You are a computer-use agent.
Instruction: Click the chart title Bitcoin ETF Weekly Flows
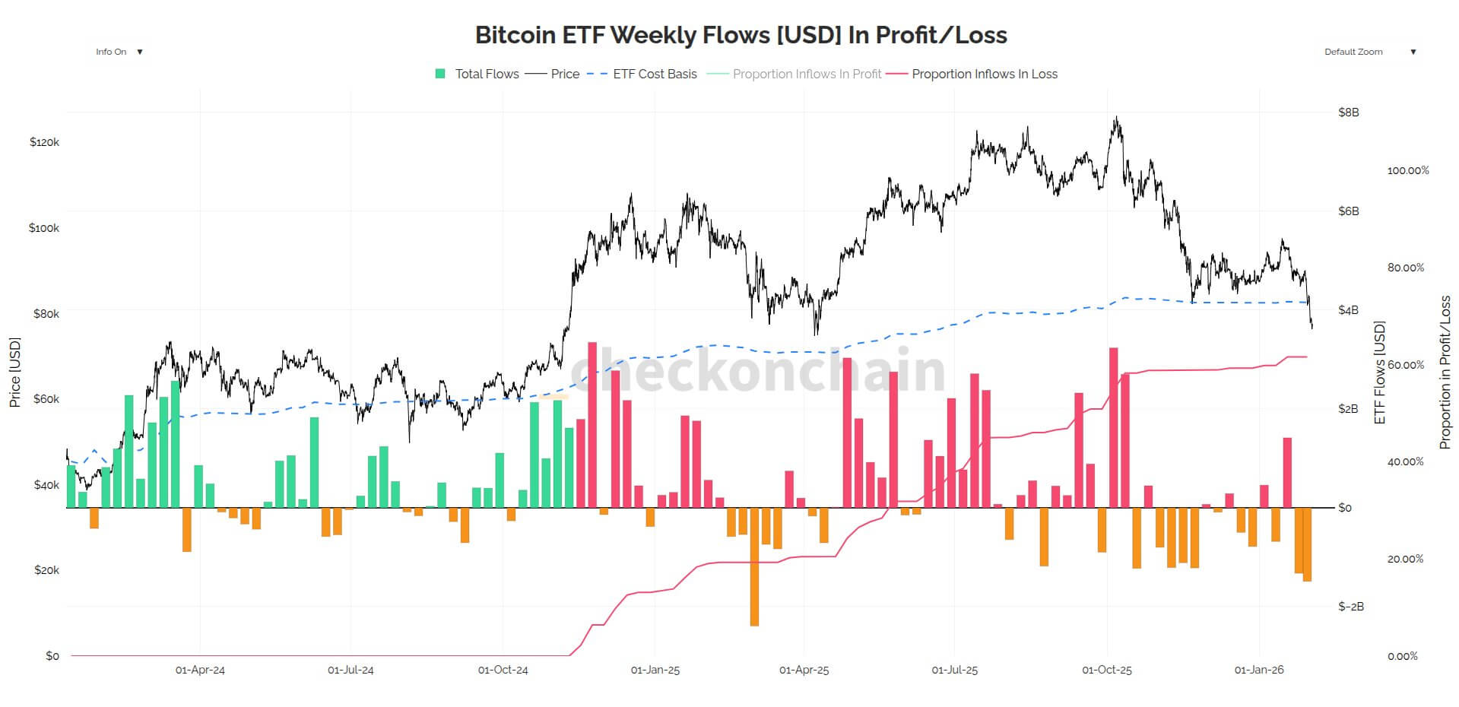point(741,35)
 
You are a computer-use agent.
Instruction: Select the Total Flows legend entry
point(477,74)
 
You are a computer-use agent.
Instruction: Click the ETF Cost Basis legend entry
point(642,74)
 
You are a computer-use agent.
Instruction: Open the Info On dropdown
point(119,52)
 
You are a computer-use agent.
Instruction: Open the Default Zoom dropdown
point(1369,52)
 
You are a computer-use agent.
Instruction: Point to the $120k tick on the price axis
point(44,142)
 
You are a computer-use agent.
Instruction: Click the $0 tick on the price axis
point(52,655)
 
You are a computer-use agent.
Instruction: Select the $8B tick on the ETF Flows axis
point(1348,113)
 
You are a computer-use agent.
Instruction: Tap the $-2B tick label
point(1350,607)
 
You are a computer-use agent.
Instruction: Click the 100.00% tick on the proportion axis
point(1407,170)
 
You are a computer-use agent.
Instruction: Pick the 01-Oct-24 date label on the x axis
point(503,670)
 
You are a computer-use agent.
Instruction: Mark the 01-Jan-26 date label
point(1259,670)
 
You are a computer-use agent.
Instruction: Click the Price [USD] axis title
point(14,373)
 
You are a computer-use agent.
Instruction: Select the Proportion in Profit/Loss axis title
point(1445,373)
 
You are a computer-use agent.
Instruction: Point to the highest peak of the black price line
point(1116,118)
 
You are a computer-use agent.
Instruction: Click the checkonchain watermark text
point(756,370)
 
